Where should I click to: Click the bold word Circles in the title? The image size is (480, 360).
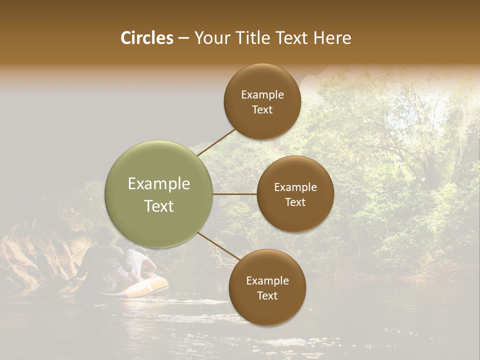146,38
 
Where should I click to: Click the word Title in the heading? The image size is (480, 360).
250,38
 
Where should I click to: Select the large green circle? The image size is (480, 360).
159,194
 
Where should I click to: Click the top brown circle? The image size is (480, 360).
262,102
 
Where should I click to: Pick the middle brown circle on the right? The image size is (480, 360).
295,194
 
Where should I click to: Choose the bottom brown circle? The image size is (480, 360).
267,287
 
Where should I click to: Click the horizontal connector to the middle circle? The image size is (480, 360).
235,194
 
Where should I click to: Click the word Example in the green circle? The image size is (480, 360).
159,184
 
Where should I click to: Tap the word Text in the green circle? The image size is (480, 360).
159,206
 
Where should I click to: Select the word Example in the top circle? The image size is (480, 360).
262,95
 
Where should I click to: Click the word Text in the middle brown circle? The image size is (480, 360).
295,202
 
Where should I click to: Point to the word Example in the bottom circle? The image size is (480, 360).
267,281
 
